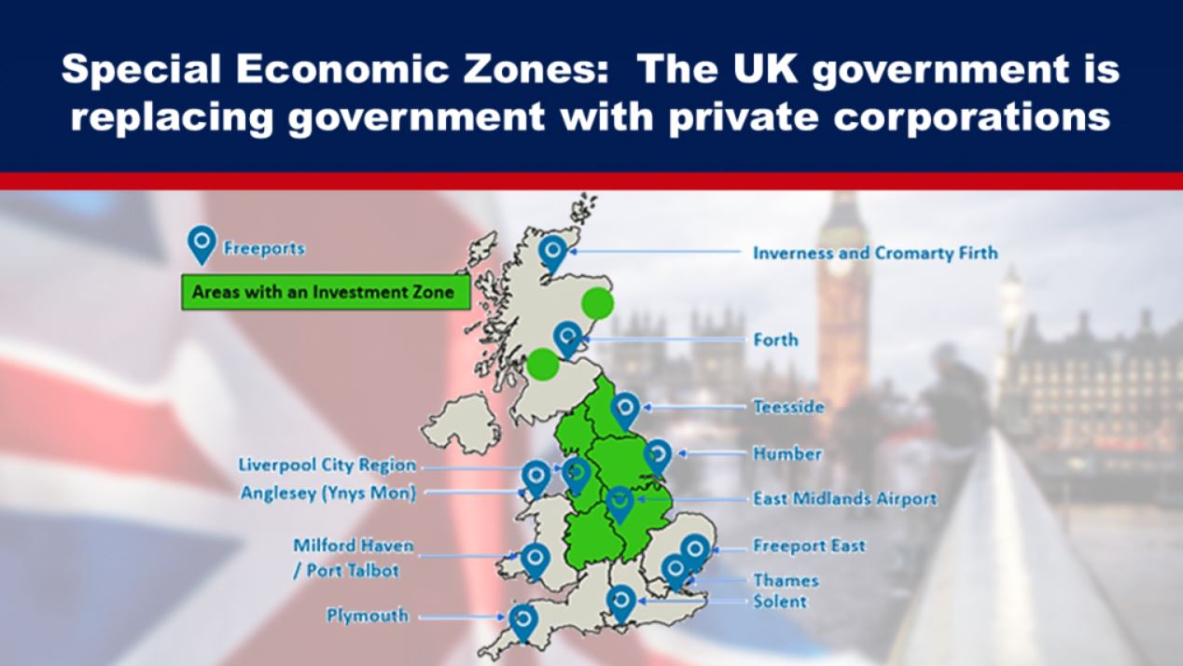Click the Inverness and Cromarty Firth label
[875, 253]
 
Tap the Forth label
[775, 340]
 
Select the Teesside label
[788, 407]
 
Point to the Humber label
[787, 454]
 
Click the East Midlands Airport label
[844, 499]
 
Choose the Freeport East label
[809, 546]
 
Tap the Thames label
[786, 580]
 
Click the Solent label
[780, 602]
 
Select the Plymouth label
[367, 616]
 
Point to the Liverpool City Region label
[327, 465]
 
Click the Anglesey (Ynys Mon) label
[327, 493]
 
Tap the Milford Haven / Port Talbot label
[353, 557]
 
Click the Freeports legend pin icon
[202, 243]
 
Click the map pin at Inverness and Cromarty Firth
[554, 250]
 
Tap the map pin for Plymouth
[523, 619]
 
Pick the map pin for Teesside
[625, 409]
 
